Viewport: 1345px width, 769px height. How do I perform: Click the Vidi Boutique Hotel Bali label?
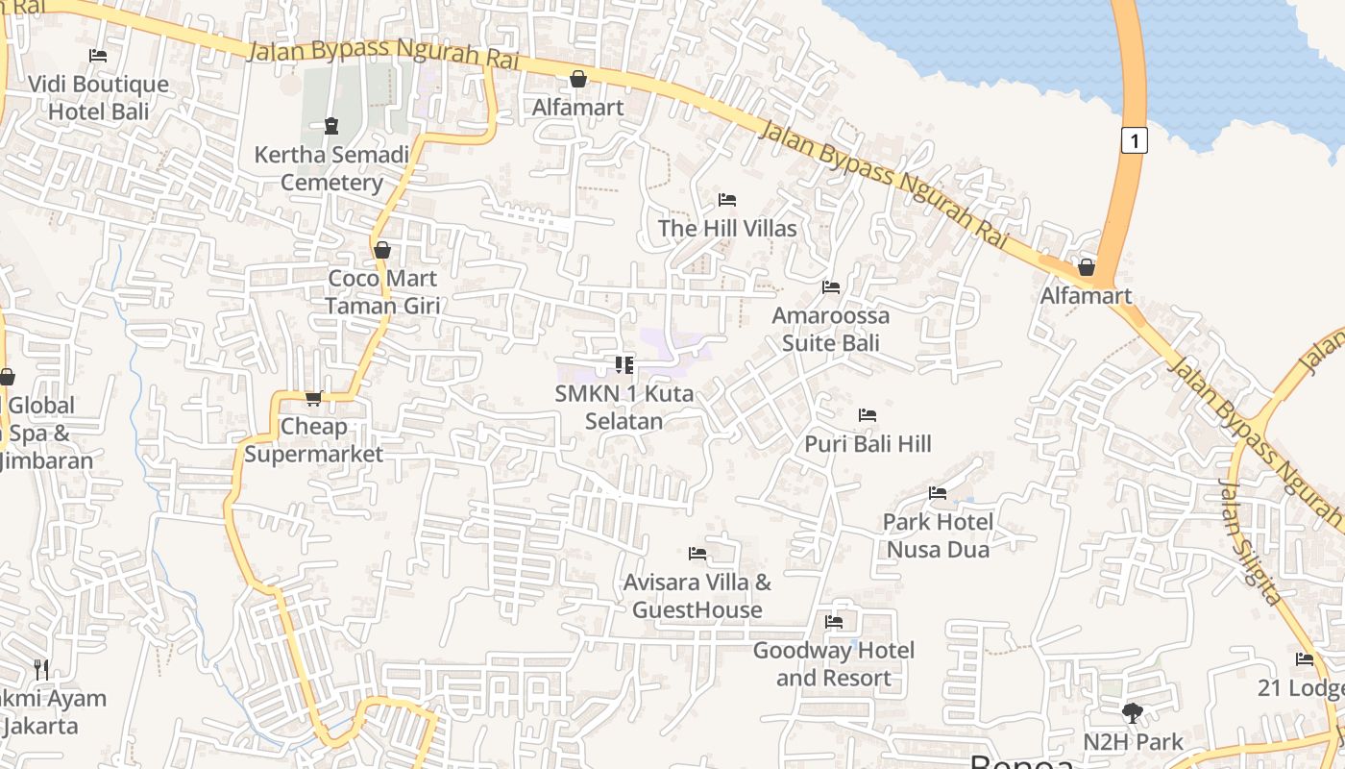coord(99,98)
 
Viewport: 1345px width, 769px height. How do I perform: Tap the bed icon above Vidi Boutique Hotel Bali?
coord(98,56)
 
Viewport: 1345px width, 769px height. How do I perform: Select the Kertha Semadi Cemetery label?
coord(331,168)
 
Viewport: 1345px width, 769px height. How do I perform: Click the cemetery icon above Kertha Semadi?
coord(331,125)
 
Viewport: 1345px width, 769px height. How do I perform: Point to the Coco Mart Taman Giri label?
coord(382,292)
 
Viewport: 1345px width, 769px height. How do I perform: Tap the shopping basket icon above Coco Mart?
coord(382,250)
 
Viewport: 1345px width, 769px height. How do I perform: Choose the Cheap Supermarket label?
coord(313,440)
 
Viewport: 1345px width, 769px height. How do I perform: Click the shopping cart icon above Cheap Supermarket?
coord(313,398)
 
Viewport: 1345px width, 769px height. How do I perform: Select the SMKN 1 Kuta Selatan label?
coord(624,408)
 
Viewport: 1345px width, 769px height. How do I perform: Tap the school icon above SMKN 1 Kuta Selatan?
coord(624,365)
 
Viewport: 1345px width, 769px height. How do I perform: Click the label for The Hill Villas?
coord(727,228)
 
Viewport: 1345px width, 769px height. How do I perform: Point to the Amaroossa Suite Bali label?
coord(831,329)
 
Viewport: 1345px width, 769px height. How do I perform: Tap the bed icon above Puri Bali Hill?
coord(868,415)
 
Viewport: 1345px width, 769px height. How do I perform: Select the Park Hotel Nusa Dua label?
coord(938,535)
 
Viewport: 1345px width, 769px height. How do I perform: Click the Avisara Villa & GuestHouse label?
coord(697,596)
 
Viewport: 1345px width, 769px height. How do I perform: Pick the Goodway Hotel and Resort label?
coord(834,664)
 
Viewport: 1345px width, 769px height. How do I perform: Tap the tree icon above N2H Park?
coord(1133,713)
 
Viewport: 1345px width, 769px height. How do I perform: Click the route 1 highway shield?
coord(1135,140)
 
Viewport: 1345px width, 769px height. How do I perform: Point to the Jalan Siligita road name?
coord(1250,541)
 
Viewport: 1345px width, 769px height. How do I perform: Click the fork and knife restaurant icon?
coord(40,669)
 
